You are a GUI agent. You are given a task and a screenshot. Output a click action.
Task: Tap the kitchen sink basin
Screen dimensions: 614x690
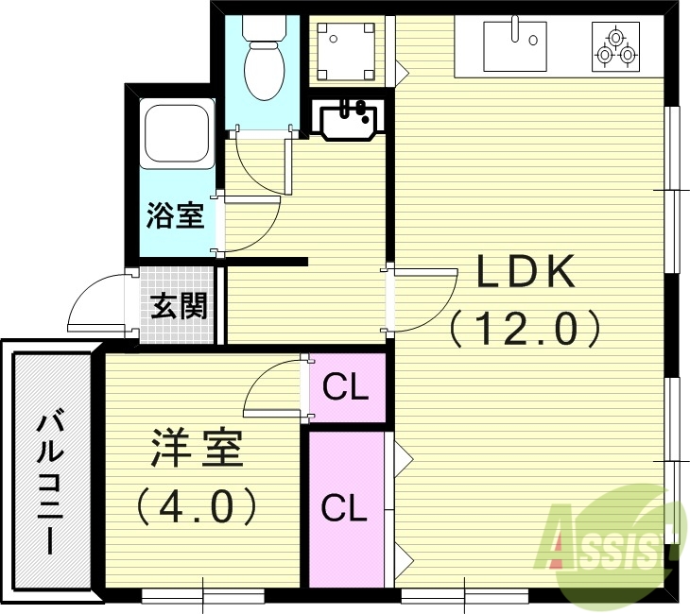coord(515,43)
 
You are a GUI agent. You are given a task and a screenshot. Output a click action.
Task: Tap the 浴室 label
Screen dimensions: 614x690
coord(175,215)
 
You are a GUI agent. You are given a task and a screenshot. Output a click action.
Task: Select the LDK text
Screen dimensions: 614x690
coord(525,274)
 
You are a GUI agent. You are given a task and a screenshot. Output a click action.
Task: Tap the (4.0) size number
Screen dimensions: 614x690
coord(196,507)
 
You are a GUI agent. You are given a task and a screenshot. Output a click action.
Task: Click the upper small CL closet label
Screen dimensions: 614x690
coord(345,387)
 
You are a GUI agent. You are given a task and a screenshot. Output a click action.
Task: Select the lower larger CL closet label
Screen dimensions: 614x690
coord(343,507)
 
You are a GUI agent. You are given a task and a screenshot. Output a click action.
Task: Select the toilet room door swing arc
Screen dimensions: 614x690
coord(257,170)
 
